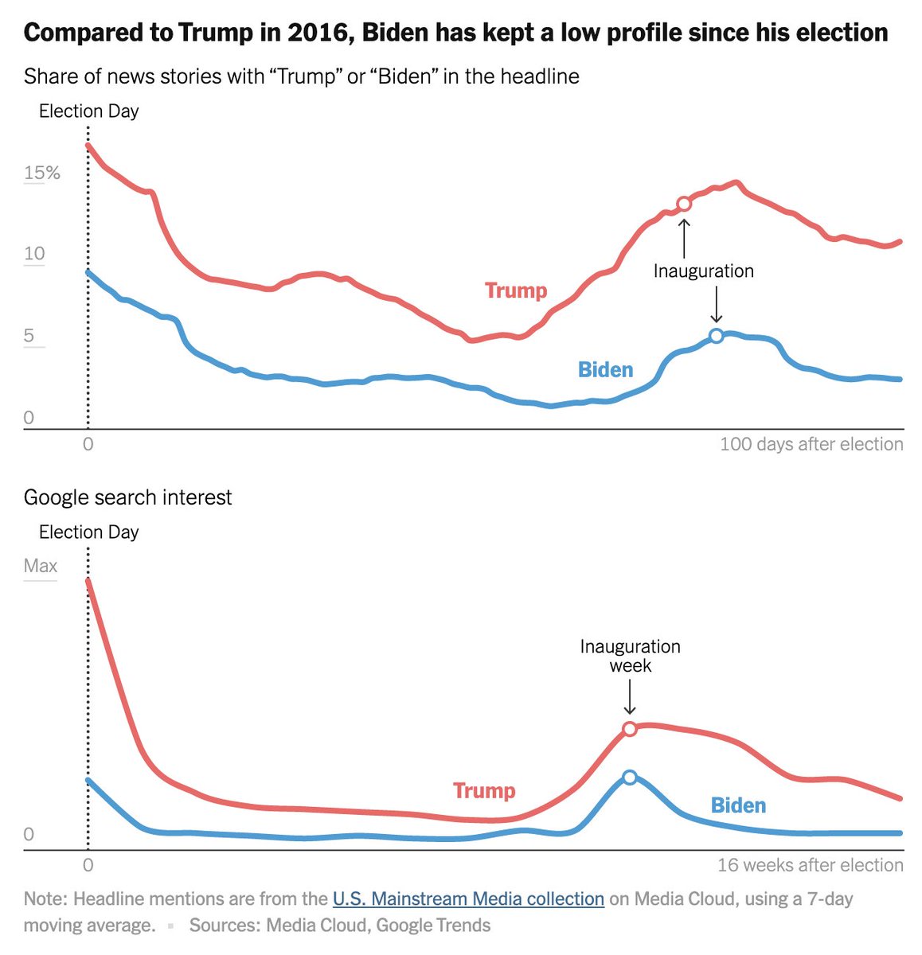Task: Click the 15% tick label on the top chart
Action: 41,173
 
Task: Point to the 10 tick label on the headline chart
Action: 34,254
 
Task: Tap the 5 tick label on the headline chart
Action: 29,335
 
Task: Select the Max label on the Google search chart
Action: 41,566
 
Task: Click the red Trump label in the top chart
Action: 516,290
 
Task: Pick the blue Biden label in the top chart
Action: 605,369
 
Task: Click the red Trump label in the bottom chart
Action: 484,790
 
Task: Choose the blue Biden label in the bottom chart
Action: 738,805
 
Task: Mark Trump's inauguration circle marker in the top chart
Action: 683,204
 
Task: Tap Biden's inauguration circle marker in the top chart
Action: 716,336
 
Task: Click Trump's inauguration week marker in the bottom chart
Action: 629,729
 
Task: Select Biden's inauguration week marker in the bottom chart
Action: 629,778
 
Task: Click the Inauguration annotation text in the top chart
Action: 703,271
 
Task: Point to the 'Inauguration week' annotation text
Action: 630,656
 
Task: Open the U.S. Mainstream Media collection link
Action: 468,898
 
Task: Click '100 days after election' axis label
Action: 811,444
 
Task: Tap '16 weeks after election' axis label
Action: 810,865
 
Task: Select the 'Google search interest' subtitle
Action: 127,497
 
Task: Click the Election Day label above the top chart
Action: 88,111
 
